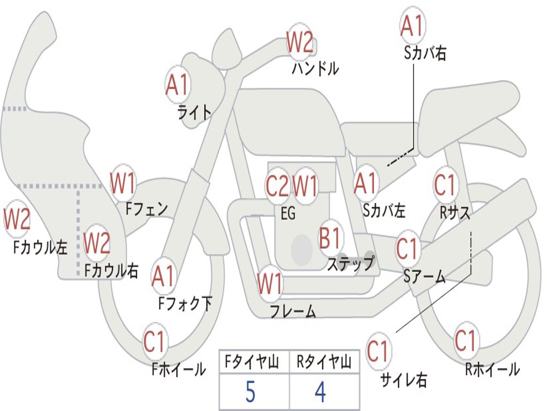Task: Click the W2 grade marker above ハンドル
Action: [300, 42]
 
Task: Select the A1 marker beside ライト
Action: [177, 85]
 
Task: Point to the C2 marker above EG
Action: [277, 187]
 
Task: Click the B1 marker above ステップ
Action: [330, 237]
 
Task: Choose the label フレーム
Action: [293, 311]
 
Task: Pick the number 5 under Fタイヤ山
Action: [250, 392]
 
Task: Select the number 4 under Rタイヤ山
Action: [320, 392]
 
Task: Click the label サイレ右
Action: [404, 380]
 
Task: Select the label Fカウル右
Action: [112, 271]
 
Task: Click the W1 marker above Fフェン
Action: [123, 184]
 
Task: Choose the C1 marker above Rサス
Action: [444, 185]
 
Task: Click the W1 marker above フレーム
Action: [270, 284]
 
